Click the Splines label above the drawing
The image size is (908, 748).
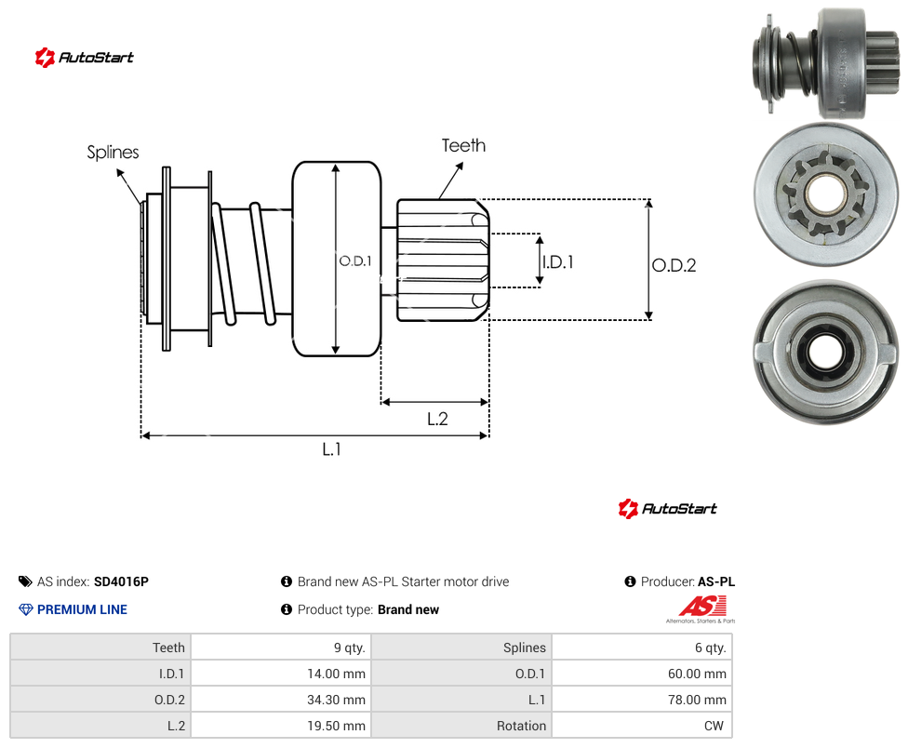coord(113,153)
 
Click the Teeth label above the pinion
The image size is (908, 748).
coord(463,145)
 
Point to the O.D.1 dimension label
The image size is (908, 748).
coord(355,261)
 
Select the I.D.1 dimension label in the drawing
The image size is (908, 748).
coord(557,262)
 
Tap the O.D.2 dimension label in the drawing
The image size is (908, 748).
coord(674,265)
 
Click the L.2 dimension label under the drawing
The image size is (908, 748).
coord(437,419)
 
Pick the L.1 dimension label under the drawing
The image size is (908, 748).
coord(331,448)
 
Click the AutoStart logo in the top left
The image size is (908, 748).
coord(85,58)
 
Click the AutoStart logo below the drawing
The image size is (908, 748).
coord(667,509)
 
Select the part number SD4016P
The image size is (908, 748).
coord(121,581)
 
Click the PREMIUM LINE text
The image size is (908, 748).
coord(82,609)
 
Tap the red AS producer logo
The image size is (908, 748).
coord(701,609)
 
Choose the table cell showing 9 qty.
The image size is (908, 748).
coord(281,648)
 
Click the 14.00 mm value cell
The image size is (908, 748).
coord(281,674)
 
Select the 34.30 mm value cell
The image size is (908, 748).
coord(281,700)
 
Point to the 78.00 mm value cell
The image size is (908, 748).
coord(642,700)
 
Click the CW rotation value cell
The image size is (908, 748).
coord(642,726)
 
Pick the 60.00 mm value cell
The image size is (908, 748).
coord(642,674)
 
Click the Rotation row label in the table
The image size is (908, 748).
coord(521,726)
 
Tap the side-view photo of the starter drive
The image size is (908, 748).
coord(826,62)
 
